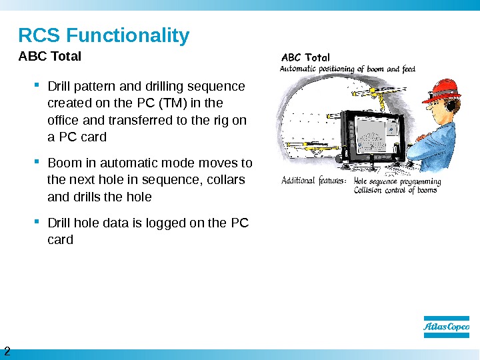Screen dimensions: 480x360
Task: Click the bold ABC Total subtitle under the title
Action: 49,57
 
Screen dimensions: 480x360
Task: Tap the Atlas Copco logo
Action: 447,327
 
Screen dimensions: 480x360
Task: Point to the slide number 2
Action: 7,351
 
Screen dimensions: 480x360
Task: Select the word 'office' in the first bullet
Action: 65,120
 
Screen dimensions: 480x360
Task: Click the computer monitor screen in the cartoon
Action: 373,137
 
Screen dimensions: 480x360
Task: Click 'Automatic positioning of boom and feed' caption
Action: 347,68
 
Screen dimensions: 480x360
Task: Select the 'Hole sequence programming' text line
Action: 397,181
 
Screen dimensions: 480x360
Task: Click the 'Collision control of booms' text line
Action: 395,190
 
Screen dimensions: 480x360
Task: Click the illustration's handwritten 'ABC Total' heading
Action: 306,57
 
